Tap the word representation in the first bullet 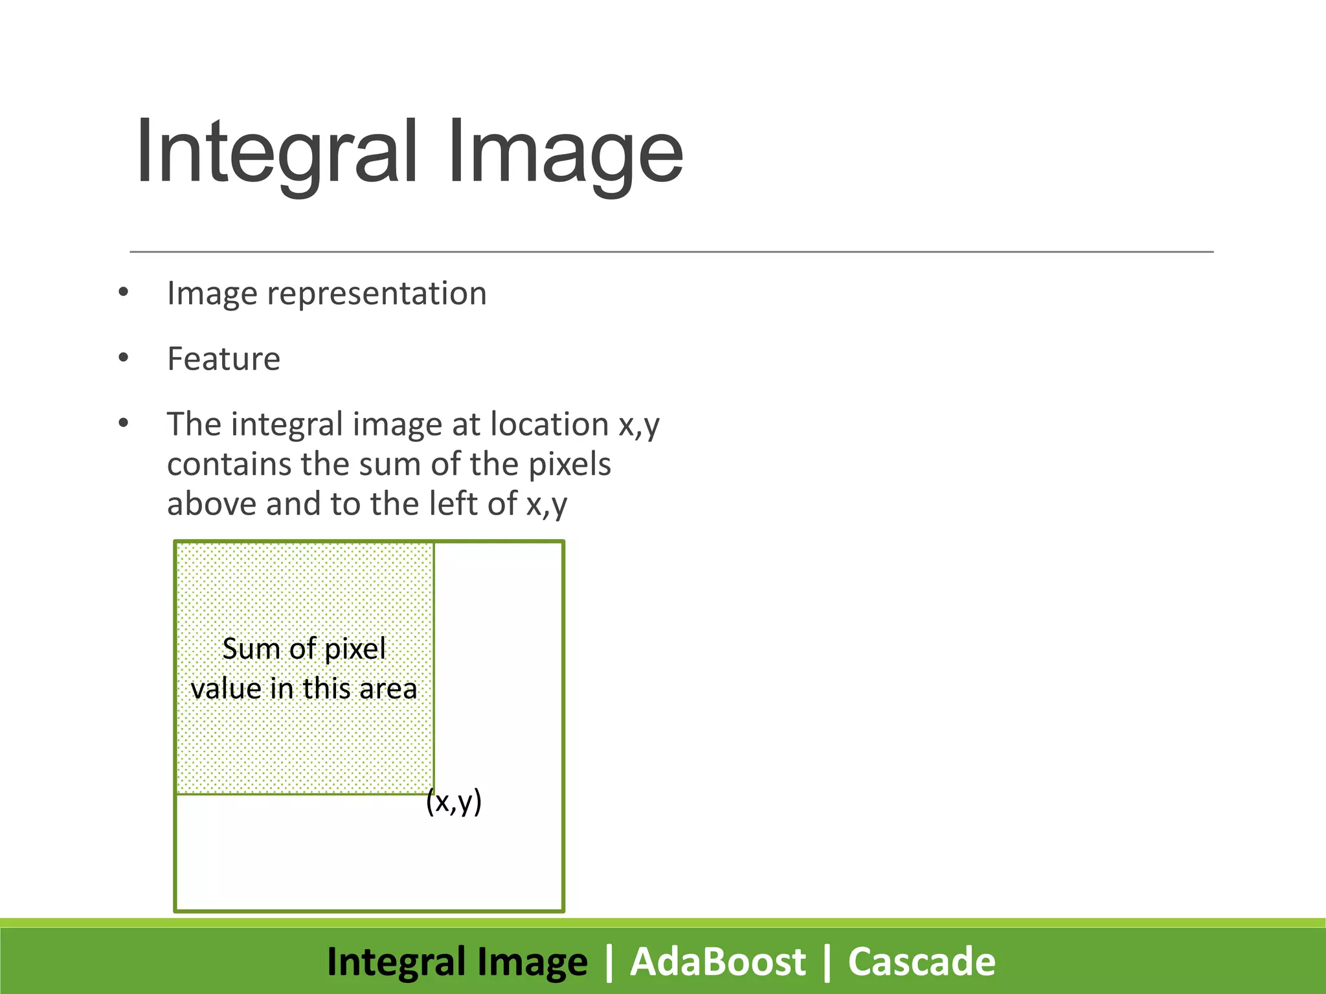[376, 294]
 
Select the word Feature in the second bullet [223, 359]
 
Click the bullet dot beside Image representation [124, 293]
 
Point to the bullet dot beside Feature [124, 358]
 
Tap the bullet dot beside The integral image [124, 424]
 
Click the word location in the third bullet [549, 425]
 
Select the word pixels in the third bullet [569, 465]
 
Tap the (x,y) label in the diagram [454, 802]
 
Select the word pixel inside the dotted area [355, 650]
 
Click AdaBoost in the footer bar [718, 962]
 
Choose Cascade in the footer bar [921, 962]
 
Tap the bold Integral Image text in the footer [457, 962]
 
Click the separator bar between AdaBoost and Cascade [827, 962]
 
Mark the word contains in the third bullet [229, 465]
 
